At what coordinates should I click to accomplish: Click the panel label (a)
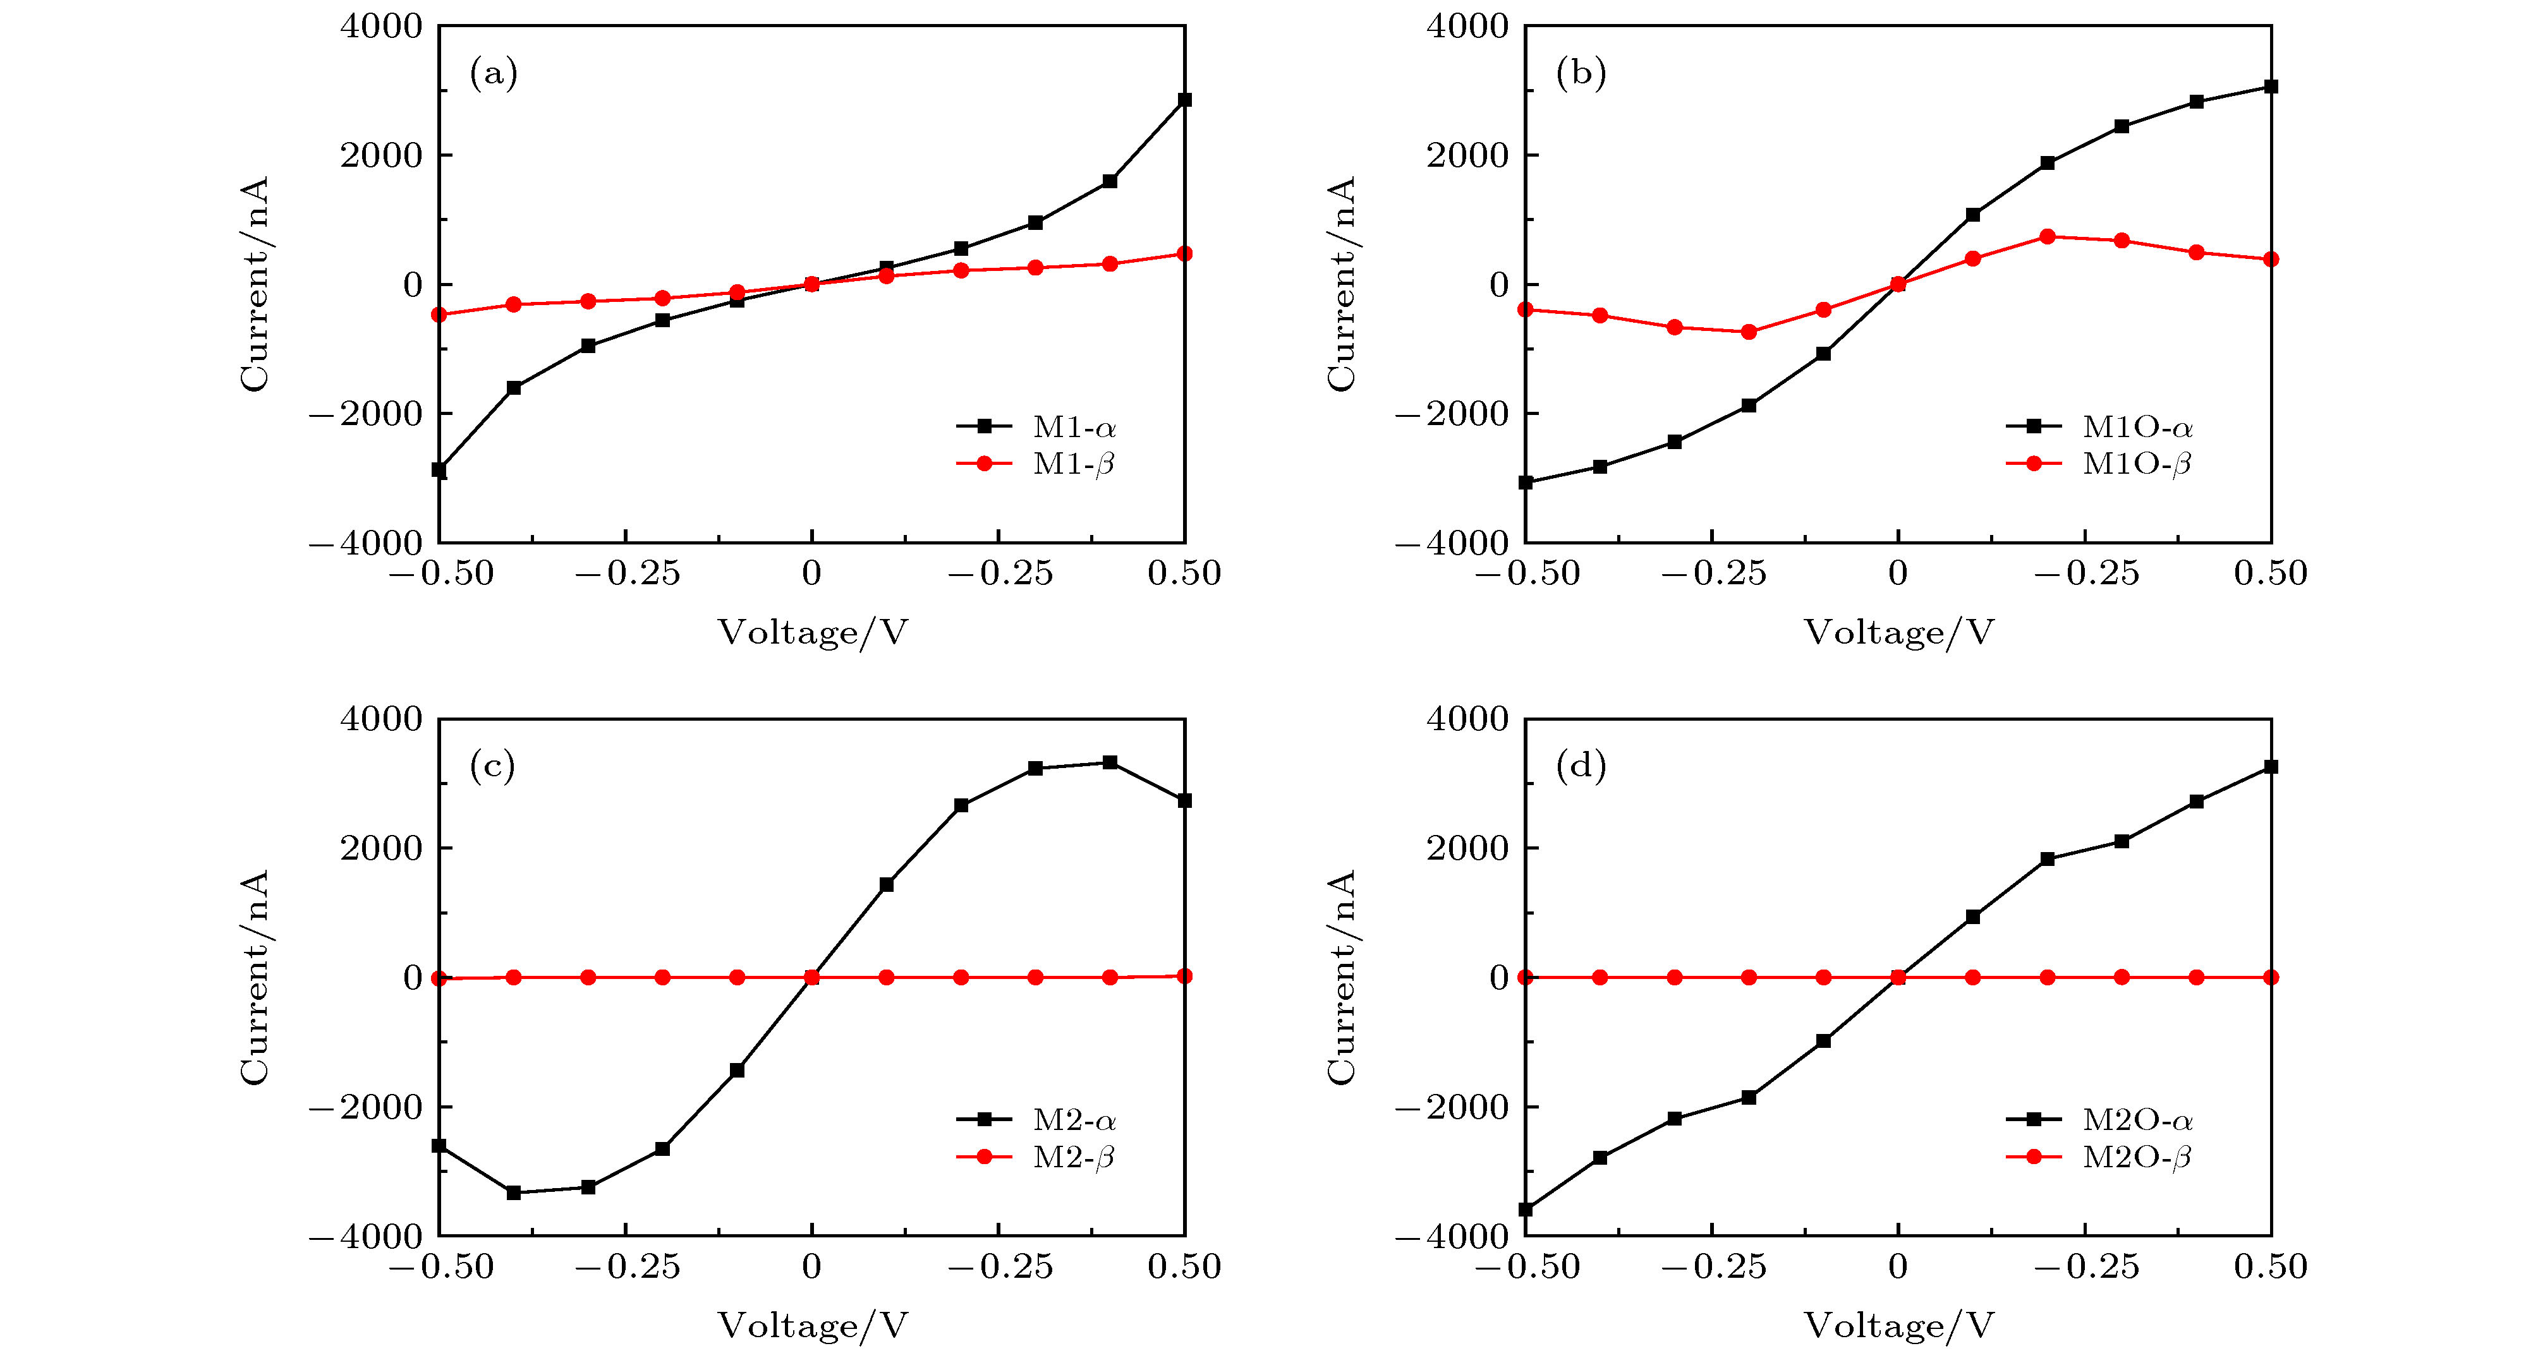coord(494,74)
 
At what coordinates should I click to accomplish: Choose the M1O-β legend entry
coord(2136,464)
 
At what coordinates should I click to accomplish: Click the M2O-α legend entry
coord(2136,1120)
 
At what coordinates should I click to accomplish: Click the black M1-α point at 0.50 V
coord(1184,99)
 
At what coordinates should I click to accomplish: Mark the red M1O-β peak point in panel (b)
coord(2048,236)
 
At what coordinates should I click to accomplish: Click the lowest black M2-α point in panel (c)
coord(513,1193)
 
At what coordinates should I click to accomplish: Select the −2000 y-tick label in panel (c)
coord(365,1107)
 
